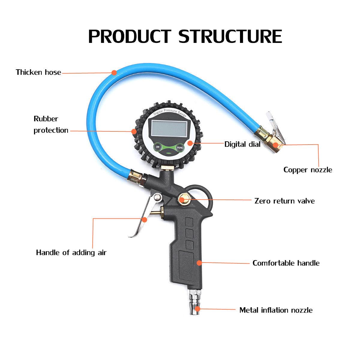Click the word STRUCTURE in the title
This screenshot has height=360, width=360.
coord(230,36)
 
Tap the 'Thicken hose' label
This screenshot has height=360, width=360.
coord(38,72)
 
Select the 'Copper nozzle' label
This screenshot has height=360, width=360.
coord(308,170)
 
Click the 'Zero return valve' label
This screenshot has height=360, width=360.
coord(284,201)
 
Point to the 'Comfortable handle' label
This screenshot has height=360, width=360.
coord(286,263)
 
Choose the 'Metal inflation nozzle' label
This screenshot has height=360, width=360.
coord(276,310)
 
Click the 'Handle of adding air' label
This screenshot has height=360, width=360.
coord(71,253)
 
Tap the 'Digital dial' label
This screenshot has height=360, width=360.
coord(242,144)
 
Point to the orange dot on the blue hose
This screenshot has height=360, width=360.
coord(114,72)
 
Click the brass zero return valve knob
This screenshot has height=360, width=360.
coord(182,199)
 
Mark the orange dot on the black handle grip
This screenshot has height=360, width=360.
coord(199,263)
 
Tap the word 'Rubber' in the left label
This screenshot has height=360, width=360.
coord(46,119)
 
